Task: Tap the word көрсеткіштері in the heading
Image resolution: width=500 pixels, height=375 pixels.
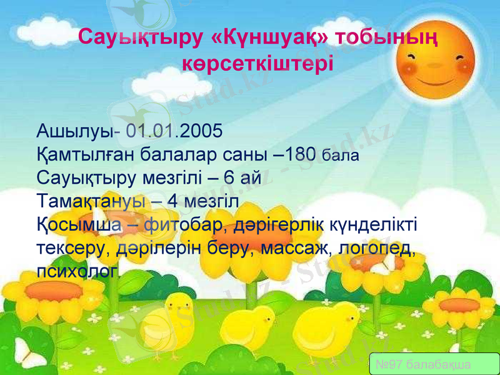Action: click(257, 64)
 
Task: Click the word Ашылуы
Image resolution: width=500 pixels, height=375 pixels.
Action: click(74, 132)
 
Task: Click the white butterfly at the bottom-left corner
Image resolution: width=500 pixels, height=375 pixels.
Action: click(28, 353)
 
